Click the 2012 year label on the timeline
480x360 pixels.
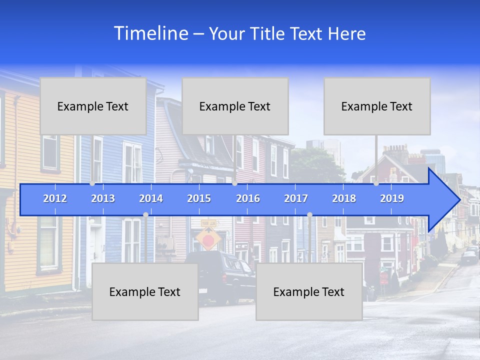55,198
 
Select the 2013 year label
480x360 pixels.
103,198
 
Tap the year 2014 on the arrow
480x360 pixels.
151,198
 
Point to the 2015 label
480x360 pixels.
199,198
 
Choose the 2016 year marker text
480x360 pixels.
248,198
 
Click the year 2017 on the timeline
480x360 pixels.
296,198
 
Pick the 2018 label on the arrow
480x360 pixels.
344,198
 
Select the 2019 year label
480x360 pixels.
392,198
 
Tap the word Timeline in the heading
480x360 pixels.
150,33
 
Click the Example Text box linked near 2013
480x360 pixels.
93,106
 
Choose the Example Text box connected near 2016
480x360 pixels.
235,106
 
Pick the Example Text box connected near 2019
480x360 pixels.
377,106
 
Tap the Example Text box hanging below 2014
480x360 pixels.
145,291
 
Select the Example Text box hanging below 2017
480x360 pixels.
309,291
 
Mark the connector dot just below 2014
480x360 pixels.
145,215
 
